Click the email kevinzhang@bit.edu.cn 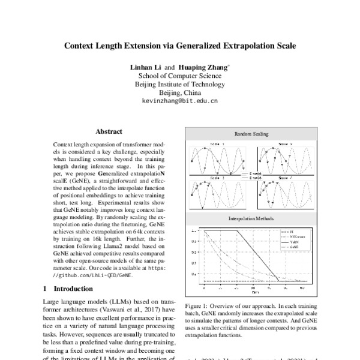tap(179, 101)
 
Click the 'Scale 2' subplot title tap(285, 145)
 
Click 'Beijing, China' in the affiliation tap(179, 93)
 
